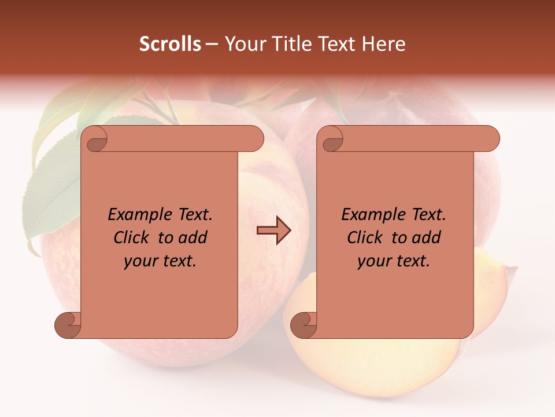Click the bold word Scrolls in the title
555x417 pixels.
click(x=171, y=44)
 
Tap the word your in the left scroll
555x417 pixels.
click(x=139, y=262)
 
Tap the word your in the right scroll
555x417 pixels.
click(x=372, y=262)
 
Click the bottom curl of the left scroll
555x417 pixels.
click(x=68, y=325)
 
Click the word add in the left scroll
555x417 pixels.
click(x=193, y=238)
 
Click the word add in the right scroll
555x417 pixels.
click(x=427, y=238)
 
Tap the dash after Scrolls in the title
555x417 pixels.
click(x=212, y=44)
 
